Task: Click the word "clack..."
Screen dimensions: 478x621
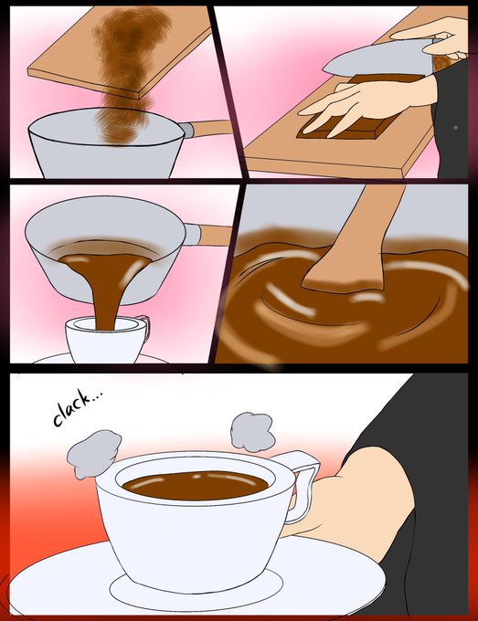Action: (x=78, y=407)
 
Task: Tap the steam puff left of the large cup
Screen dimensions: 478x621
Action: (x=94, y=454)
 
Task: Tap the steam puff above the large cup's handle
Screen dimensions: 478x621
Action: (x=253, y=432)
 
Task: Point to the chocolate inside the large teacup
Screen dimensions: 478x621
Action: (x=195, y=485)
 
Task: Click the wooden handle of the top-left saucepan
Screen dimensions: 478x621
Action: (x=209, y=128)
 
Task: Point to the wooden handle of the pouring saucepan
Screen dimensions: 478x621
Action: (x=216, y=236)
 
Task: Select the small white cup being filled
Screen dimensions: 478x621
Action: (x=107, y=339)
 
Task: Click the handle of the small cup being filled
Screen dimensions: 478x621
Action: (x=144, y=327)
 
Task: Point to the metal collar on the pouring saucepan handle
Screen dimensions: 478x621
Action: (x=192, y=235)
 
